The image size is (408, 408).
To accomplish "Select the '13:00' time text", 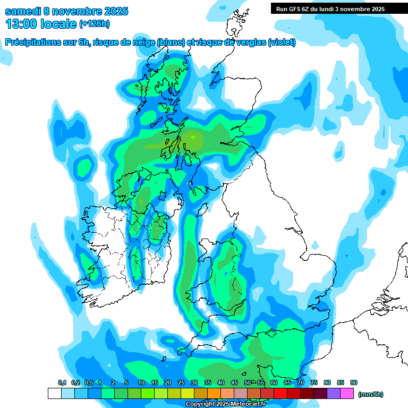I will (x=21, y=23).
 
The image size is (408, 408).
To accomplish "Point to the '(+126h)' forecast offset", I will (x=95, y=24).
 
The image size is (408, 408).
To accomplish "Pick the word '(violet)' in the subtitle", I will (x=282, y=42).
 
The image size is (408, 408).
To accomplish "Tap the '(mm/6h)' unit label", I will (x=371, y=394).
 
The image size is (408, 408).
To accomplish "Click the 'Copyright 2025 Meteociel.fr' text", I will (x=225, y=404).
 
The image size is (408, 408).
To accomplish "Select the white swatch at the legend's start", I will (x=54, y=393).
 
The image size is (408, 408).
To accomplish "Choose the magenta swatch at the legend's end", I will (x=347, y=393).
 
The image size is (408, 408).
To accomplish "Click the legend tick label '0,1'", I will (x=62, y=383).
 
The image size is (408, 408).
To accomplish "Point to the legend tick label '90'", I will (x=354, y=383).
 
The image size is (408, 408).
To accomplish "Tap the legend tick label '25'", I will (x=181, y=383).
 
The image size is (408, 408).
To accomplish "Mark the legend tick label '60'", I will (x=274, y=383).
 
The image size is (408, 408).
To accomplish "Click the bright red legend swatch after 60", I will (x=280, y=393).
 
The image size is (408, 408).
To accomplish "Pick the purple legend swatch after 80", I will (x=334, y=393).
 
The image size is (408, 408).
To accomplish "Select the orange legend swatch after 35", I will (x=214, y=393).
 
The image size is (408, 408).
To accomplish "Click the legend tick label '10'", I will (x=141, y=383).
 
